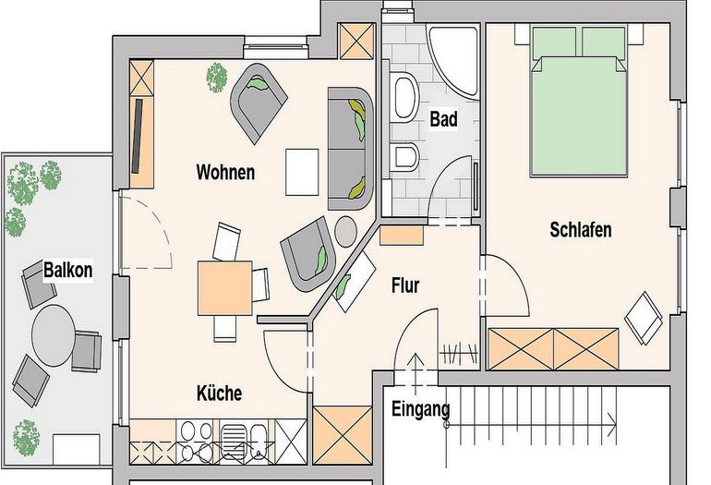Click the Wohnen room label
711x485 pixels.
click(225, 173)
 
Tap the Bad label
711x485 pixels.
click(444, 119)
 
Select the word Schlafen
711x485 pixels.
click(581, 229)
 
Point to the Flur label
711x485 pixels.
click(405, 285)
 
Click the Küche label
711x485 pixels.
click(219, 394)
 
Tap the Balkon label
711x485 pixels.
click(67, 272)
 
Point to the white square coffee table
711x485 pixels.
click(304, 172)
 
